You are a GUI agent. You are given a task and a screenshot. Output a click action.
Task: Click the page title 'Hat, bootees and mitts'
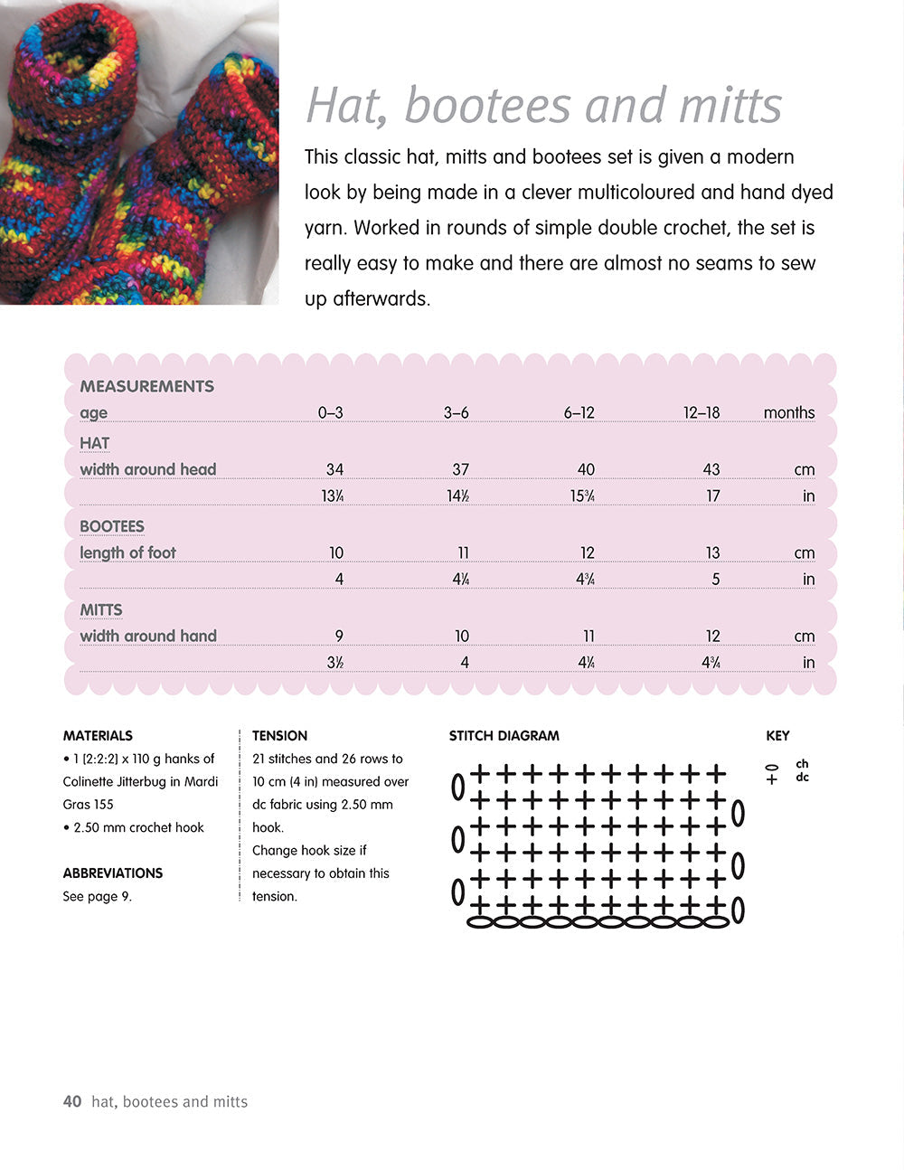pos(543,105)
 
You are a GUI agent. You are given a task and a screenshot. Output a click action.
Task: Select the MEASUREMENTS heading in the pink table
pos(146,386)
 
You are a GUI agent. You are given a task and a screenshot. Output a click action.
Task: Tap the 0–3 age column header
pos(330,413)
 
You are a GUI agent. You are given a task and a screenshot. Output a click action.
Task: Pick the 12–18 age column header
pos(702,413)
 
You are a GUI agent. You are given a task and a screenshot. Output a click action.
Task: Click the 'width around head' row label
pos(148,469)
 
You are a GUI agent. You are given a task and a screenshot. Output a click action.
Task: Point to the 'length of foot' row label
pos(127,552)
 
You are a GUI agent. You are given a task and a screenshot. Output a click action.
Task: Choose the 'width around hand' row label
pos(148,636)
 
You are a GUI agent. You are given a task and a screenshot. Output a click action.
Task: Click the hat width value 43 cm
pos(711,469)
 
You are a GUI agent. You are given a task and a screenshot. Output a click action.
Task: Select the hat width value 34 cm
pos(334,469)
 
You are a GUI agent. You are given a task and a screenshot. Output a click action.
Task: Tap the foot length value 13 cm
pos(712,552)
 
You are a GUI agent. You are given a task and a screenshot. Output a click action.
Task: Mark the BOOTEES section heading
pos(112,526)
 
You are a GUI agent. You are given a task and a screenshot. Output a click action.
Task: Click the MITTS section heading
pos(101,610)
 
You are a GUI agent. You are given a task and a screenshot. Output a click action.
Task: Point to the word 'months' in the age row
pos(788,413)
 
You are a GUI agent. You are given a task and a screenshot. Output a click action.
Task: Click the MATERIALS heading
pos(98,736)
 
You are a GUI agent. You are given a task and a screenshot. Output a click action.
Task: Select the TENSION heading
pos(279,736)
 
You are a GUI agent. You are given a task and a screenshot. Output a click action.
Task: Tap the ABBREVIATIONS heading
pos(113,873)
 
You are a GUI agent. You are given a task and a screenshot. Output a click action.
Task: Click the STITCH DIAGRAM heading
pos(504,736)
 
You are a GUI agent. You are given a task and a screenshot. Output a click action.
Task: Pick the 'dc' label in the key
pos(802,778)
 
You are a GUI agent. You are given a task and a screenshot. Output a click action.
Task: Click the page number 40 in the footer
pos(72,1101)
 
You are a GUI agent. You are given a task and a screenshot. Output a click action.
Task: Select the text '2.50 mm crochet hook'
pos(137,827)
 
